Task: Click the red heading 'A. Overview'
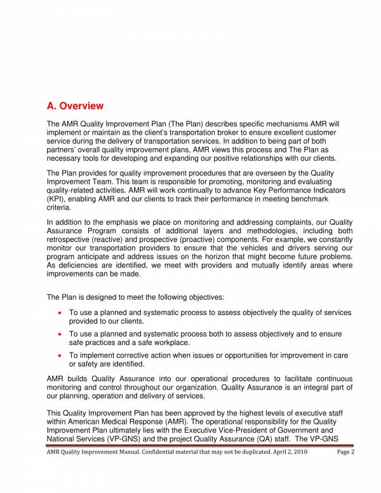(x=75, y=105)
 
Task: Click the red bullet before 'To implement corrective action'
(x=59, y=355)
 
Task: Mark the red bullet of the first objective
(x=59, y=313)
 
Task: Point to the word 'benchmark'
(x=322, y=199)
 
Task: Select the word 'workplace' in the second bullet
(x=154, y=342)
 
